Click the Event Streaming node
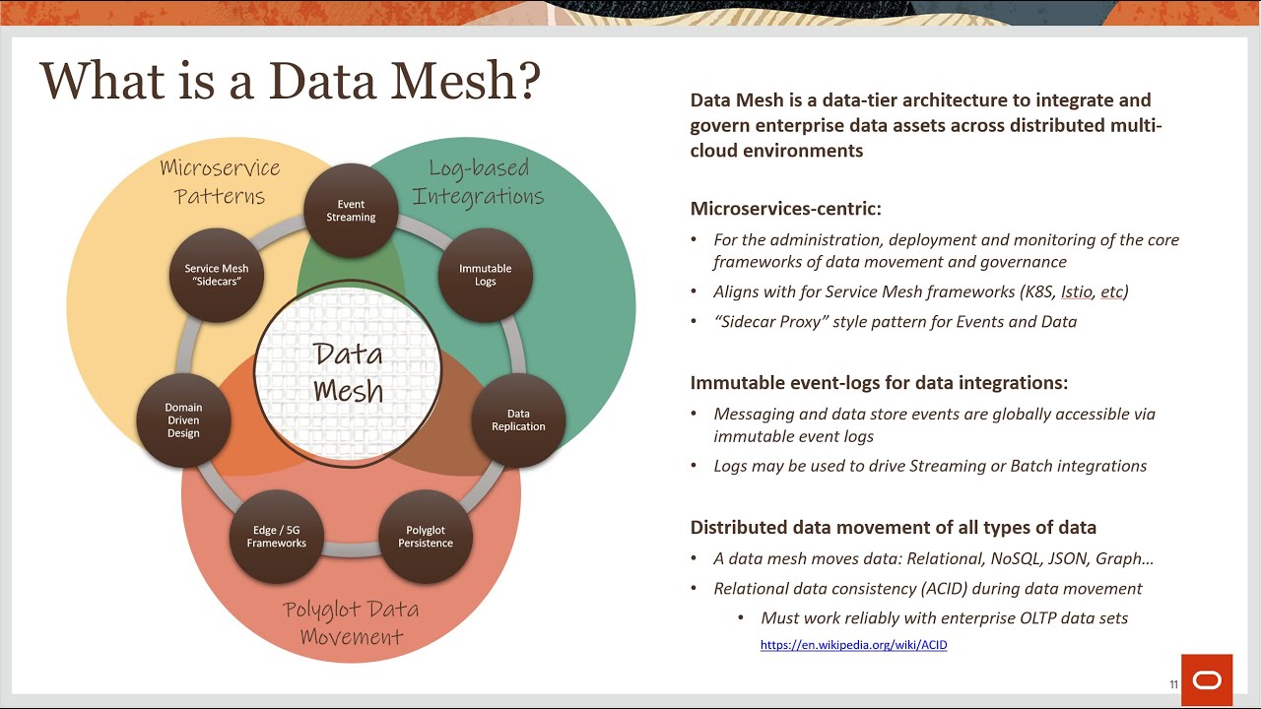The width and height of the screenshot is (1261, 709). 352,211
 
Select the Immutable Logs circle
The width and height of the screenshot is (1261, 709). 485,275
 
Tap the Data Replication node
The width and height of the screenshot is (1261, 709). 518,420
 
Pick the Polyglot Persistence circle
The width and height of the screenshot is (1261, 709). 426,537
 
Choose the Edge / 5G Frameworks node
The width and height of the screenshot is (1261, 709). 277,537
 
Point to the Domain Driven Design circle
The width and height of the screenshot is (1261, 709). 183,420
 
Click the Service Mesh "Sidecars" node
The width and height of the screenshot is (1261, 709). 217,275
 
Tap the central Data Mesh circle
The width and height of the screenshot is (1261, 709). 349,372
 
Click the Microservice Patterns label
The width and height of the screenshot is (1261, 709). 220,182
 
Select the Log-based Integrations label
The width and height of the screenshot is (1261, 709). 479,182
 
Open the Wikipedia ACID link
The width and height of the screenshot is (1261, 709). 853,645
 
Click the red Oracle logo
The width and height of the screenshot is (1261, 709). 1206,679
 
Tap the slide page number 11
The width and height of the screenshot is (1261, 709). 1173,684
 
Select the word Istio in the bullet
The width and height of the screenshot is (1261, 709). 1076,292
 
